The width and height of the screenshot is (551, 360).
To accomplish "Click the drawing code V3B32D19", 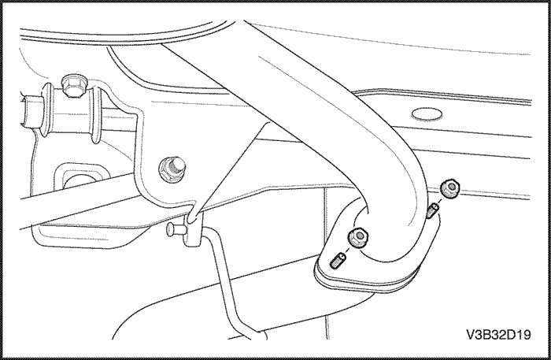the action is point(498,335).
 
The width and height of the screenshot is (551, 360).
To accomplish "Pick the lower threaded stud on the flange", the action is point(338,261).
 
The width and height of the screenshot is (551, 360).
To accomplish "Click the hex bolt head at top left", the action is point(73,85).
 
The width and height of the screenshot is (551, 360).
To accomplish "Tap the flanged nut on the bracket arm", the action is point(172,169).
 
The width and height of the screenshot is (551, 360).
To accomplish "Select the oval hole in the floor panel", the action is point(427,114).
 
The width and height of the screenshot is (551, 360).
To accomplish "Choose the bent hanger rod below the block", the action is point(228,281).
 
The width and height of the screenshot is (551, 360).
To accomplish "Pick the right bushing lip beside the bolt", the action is point(95,114).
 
